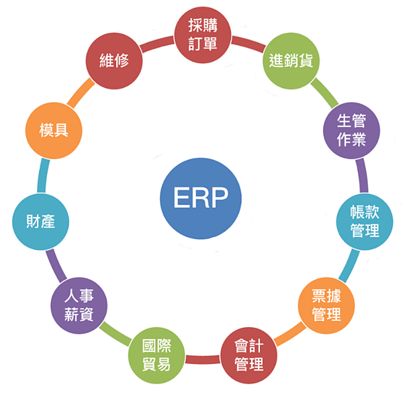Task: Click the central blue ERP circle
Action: pyautogui.click(x=201, y=198)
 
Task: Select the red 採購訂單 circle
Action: pyautogui.click(x=201, y=34)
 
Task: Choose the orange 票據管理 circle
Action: pyautogui.click(x=326, y=306)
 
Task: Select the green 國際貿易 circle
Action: pyautogui.click(x=156, y=356)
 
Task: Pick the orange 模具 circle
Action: pyautogui.click(x=53, y=130)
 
